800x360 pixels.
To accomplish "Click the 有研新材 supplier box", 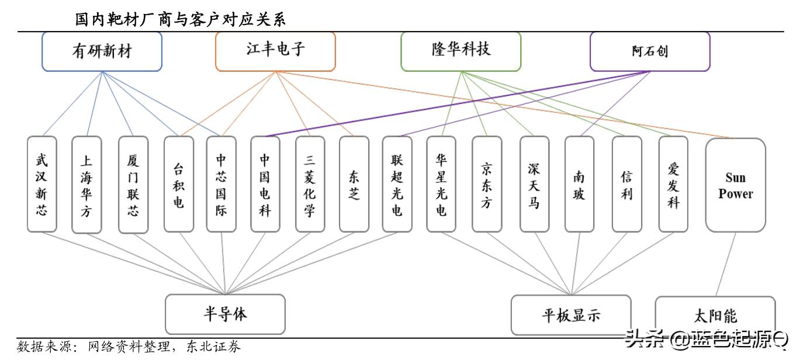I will coord(102,51).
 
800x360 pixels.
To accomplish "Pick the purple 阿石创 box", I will coord(650,51).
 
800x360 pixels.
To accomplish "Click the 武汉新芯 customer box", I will coord(41,184).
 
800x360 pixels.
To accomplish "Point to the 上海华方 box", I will coord(86,184).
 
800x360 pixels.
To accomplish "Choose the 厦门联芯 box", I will coord(133,184).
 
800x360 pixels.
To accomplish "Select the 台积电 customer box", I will coord(178,184).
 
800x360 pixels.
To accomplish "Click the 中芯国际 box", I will coord(221,184).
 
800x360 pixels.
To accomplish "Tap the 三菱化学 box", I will coord(310,184).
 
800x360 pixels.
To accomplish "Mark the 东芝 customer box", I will coord(354,184).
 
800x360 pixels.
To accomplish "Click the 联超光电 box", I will coord(397,184).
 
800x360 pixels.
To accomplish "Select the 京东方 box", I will coord(487,184).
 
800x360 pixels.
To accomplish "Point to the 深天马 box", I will coord(534,184).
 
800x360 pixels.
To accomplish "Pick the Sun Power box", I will coord(735,185).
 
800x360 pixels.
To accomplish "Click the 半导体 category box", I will coord(225,314).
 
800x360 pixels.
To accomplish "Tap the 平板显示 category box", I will coord(571,315).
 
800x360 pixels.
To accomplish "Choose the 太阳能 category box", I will coord(715,316).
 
